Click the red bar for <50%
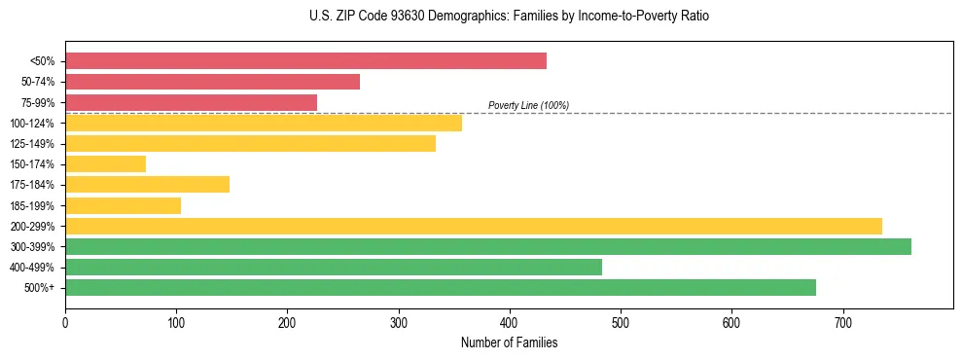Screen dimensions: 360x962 click(305, 60)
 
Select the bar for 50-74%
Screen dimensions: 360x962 click(212, 82)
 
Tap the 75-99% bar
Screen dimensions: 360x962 click(191, 102)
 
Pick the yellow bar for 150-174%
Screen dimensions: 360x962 click(105, 164)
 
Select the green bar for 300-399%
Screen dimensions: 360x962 click(487, 246)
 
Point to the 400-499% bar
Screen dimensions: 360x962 click(333, 268)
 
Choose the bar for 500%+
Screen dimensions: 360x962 click(440, 288)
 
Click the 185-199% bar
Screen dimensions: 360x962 click(123, 205)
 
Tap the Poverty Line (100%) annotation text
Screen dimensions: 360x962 click(528, 105)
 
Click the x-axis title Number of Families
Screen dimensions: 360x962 click(509, 342)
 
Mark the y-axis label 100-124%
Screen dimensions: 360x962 click(32, 124)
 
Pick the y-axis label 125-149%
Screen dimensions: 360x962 click(32, 144)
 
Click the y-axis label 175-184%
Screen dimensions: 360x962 click(32, 185)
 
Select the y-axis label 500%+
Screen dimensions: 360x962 click(39, 288)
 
